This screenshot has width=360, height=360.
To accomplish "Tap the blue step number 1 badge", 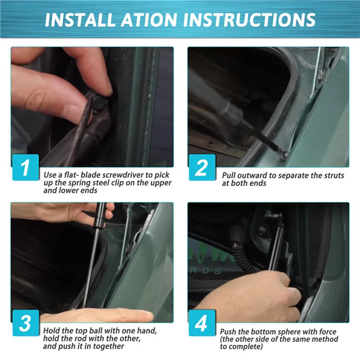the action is point(26,167).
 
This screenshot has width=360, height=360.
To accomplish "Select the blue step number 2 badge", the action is point(202,167).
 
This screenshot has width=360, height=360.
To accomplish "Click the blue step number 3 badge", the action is point(26,323).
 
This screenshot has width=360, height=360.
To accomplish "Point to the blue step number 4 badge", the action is point(202,323).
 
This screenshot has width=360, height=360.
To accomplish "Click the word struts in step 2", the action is point(334,175).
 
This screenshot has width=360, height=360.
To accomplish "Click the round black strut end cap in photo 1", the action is point(99,103).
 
